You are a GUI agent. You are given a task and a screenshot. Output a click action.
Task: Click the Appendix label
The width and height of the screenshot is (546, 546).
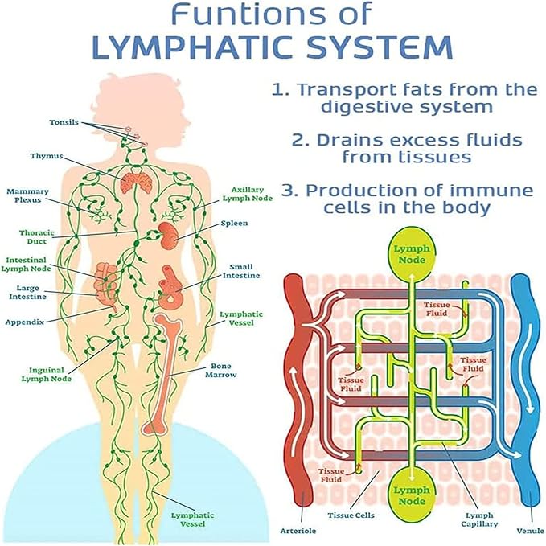click(24, 320)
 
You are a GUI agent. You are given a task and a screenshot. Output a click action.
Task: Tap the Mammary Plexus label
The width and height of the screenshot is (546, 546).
click(27, 196)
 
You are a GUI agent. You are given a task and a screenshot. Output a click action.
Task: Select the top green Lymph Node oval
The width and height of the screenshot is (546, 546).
click(411, 254)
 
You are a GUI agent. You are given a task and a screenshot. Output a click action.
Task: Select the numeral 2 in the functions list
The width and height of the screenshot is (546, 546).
click(298, 140)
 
